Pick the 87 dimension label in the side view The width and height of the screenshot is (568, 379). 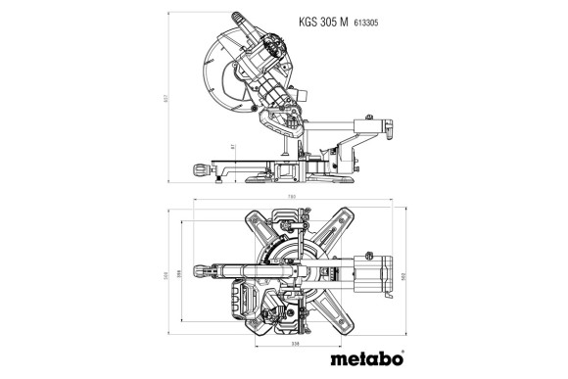(233, 147)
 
